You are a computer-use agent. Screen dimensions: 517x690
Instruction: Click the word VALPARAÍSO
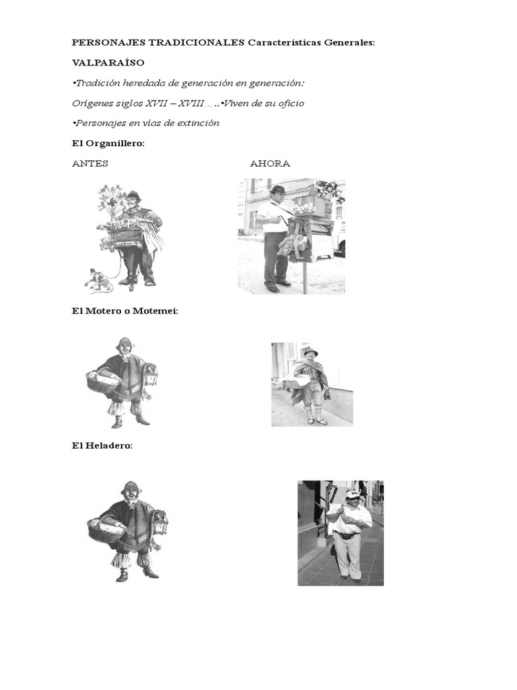point(108,63)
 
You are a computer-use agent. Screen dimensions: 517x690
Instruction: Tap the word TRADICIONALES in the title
point(196,42)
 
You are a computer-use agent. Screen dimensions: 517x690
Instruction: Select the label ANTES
point(90,163)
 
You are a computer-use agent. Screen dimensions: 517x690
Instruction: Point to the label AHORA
point(270,163)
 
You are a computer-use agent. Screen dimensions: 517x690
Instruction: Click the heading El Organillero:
point(108,144)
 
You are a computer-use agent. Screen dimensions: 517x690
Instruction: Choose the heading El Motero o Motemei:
point(125,311)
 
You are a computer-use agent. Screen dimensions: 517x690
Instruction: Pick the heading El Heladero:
point(102,445)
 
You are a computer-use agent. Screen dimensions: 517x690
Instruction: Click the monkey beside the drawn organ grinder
point(98,280)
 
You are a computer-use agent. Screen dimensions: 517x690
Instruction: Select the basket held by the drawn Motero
point(103,381)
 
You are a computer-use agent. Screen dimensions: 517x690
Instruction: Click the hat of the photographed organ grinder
point(278,189)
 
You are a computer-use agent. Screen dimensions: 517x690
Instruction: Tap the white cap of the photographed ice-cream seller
point(353,494)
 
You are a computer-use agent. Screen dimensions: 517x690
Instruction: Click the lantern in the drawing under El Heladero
point(160,523)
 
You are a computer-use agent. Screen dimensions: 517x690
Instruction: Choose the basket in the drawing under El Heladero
point(106,530)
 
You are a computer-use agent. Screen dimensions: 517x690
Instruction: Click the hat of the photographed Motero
point(310,351)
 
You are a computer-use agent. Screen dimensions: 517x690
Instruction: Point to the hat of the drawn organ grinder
point(133,195)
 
